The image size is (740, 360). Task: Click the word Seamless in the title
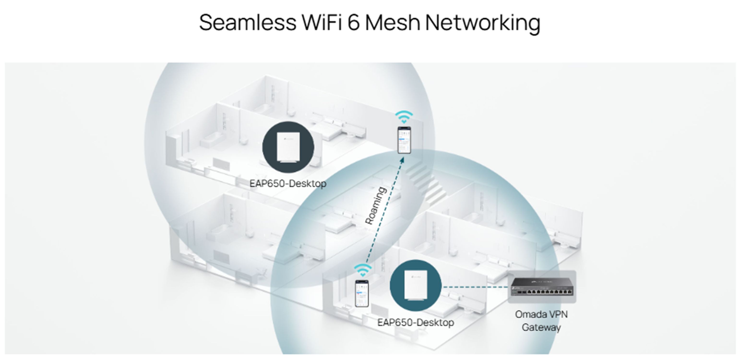(x=247, y=22)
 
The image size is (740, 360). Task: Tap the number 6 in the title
(x=354, y=22)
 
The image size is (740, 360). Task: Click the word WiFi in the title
(x=322, y=22)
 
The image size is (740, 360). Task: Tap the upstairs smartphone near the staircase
(x=404, y=140)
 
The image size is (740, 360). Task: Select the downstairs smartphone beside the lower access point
(x=362, y=293)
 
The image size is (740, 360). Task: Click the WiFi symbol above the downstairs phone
(x=363, y=270)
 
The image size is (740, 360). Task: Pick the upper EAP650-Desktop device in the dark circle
(x=288, y=147)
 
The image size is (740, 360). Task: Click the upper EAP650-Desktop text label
(x=288, y=184)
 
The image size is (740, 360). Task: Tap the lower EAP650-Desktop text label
(x=415, y=322)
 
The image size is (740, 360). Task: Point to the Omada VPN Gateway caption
(x=541, y=321)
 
